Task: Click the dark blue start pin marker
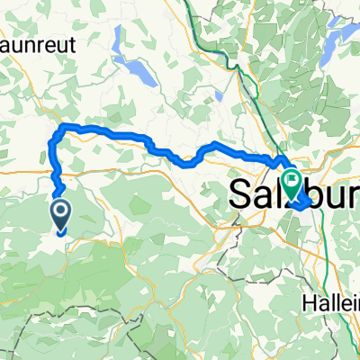[x=61, y=214]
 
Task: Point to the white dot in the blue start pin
[x=61, y=211]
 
